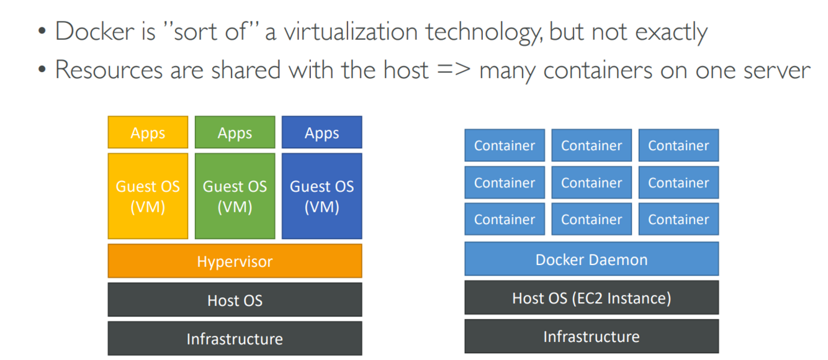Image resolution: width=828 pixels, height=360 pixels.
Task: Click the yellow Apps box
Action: coord(148,132)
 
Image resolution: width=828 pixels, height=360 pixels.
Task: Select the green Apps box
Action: coord(235,132)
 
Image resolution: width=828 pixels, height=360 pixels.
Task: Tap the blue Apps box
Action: coord(322,132)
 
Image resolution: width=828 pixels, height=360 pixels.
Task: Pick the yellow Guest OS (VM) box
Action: coord(148,196)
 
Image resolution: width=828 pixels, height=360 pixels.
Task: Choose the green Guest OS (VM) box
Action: coord(235,196)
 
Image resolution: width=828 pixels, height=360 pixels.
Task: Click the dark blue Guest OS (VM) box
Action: coord(322,196)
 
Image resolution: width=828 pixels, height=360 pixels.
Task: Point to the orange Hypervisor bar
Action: coord(235,261)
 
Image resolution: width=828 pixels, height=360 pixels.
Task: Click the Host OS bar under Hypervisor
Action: coord(235,300)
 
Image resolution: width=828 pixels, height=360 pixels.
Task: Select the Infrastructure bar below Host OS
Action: coord(235,338)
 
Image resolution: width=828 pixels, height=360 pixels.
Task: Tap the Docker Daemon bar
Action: coord(592,259)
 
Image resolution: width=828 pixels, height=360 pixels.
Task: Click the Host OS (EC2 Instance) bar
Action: coord(592,298)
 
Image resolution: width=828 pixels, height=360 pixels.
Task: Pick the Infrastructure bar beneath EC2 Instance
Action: coord(592,336)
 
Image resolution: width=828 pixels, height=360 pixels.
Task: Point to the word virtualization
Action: coord(350,31)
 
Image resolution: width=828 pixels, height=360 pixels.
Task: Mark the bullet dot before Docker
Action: coord(42,31)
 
